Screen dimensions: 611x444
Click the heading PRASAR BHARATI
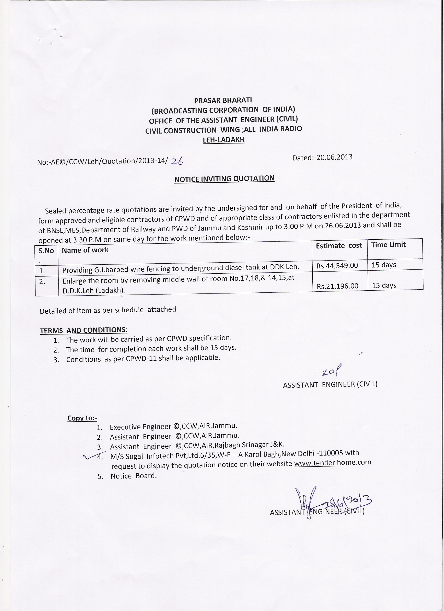tap(223, 100)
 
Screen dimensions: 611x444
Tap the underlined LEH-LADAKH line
tap(224, 140)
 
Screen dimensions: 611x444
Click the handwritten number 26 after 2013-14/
tap(177, 161)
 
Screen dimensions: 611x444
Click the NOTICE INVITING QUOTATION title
tap(224, 179)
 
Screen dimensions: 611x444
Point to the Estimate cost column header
tap(339, 246)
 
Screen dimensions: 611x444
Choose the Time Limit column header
tap(388, 245)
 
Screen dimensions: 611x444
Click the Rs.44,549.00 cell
tap(337, 266)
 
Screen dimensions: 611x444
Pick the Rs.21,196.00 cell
tap(337, 286)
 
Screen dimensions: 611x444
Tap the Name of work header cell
tap(85, 250)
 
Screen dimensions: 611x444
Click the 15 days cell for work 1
tap(384, 265)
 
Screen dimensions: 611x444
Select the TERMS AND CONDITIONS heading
tap(84, 330)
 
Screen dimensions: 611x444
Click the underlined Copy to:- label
tap(82, 418)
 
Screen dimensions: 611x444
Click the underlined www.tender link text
tap(314, 463)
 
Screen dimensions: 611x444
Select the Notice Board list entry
tap(133, 476)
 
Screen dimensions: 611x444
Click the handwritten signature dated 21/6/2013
tap(334, 501)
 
